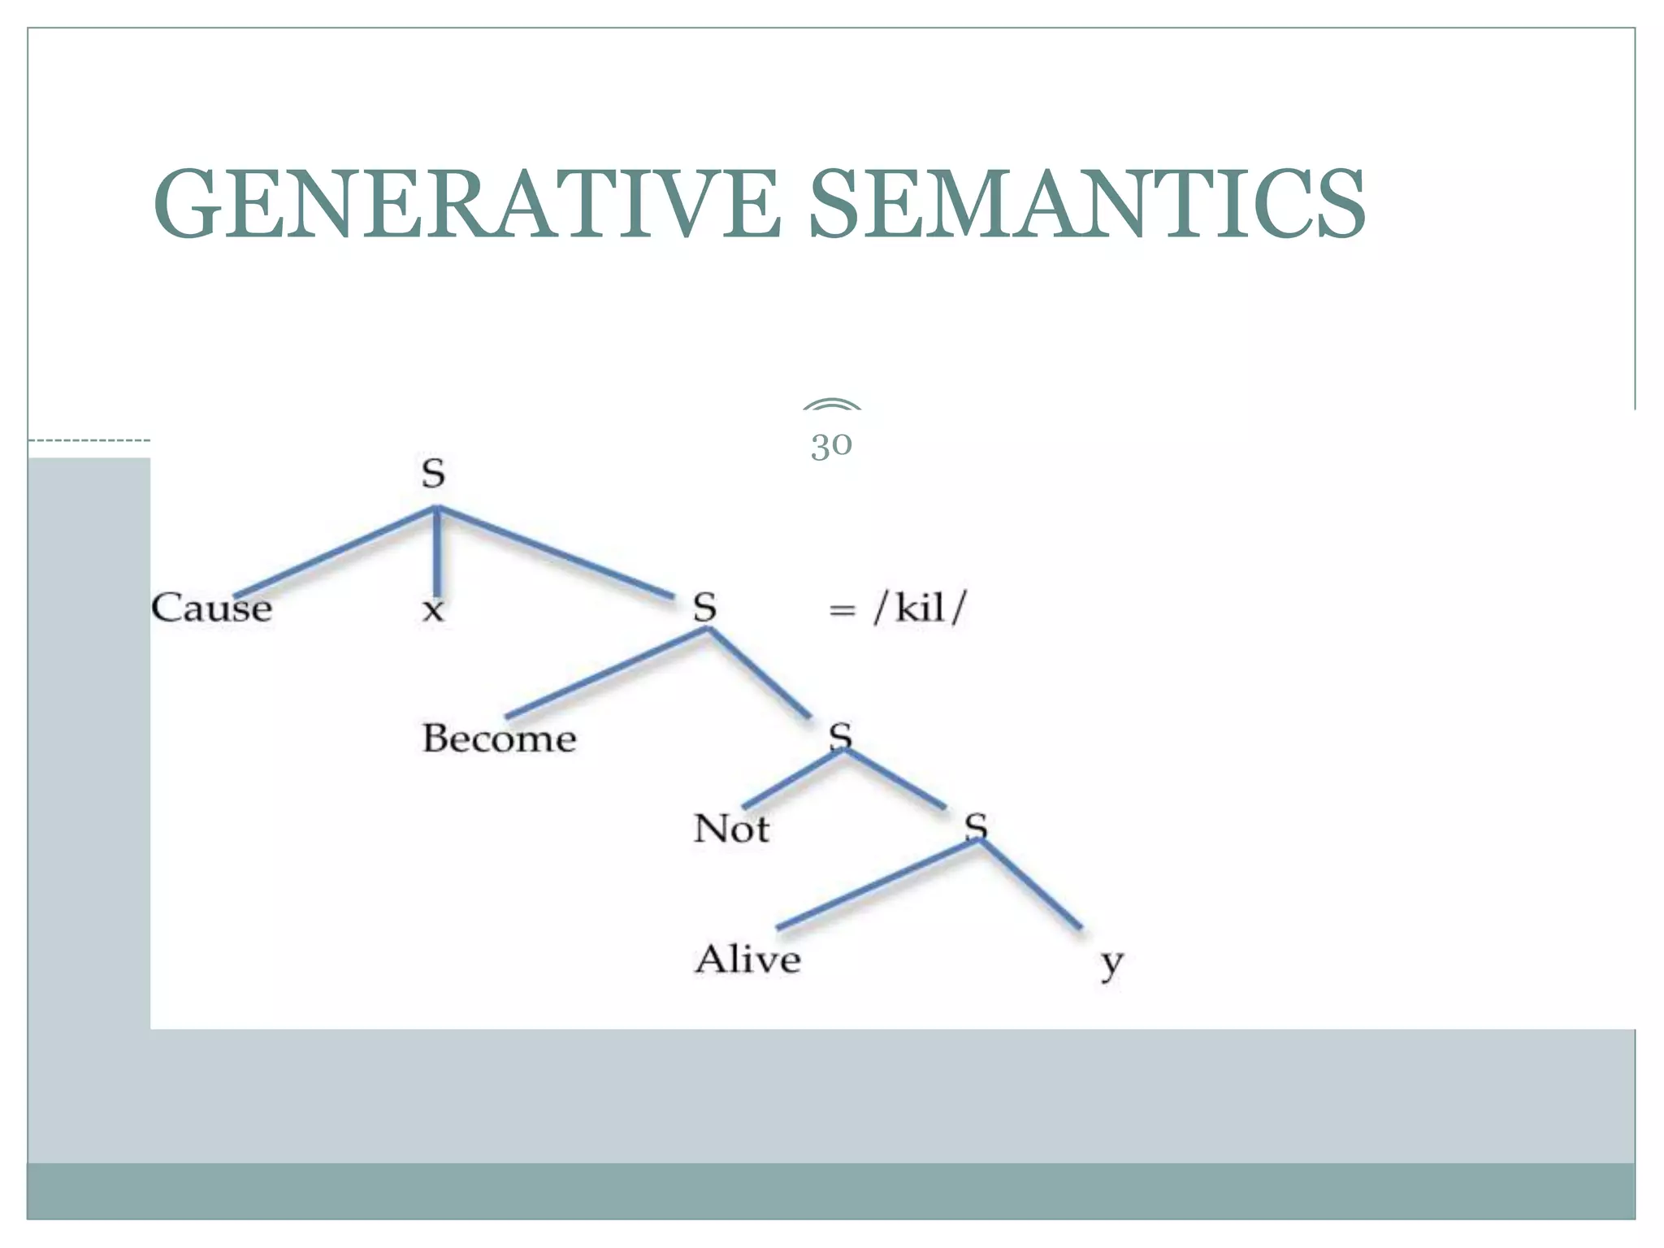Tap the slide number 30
tap(831, 444)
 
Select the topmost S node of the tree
tap(433, 474)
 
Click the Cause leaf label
tap(211, 608)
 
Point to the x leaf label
tap(433, 609)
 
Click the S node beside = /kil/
tap(704, 608)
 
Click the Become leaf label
tap(499, 739)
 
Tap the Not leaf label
tap(731, 829)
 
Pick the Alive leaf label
tap(747, 960)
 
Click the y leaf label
tap(1111, 964)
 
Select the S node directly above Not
tap(840, 736)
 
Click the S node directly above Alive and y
tap(976, 826)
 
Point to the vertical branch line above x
tap(437, 552)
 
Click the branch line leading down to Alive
tap(877, 884)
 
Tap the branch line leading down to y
tap(1030, 884)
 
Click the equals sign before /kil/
tap(842, 609)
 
